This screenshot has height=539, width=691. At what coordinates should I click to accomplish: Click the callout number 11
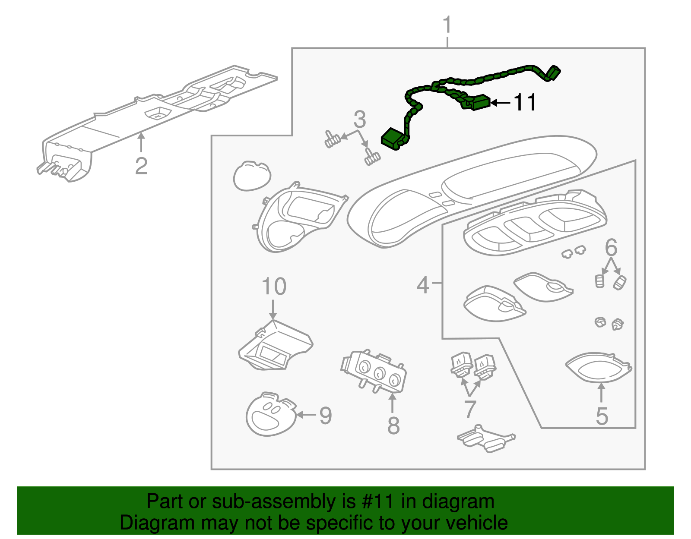tap(524, 103)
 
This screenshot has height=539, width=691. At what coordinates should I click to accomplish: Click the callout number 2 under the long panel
tap(141, 166)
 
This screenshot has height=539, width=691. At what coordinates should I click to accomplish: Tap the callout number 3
tap(360, 120)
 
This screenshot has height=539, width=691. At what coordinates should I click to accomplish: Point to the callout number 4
tap(423, 285)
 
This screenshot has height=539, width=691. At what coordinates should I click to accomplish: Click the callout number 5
tap(602, 416)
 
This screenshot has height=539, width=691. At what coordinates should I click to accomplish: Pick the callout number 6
tap(611, 248)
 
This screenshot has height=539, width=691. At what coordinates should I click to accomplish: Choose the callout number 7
tap(470, 409)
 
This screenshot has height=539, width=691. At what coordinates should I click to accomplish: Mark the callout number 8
tap(393, 426)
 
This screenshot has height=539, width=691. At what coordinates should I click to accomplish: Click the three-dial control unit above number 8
tap(374, 370)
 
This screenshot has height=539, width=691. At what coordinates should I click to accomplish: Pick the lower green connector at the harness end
tap(393, 138)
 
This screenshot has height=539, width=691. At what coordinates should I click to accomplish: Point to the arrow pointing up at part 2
tap(141, 142)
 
